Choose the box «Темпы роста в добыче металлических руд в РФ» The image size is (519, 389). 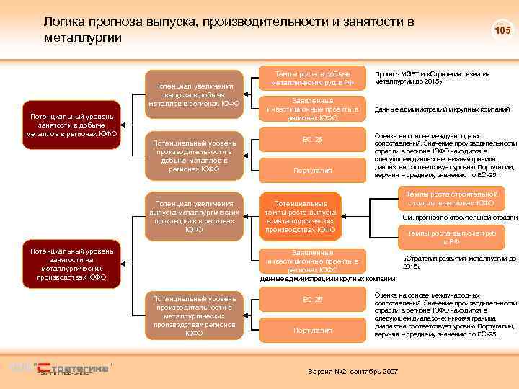[x=313, y=79]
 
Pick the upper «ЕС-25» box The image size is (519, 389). [x=313, y=140]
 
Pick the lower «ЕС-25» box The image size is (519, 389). [x=313, y=299]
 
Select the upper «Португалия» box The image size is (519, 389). [x=313, y=170]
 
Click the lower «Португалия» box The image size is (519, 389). [x=313, y=330]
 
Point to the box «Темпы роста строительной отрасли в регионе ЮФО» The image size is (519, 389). [x=451, y=198]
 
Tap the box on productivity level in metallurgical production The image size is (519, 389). [x=194, y=315]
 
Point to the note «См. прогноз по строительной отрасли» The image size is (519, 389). [x=460, y=218]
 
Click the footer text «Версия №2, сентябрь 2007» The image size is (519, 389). [x=352, y=370]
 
